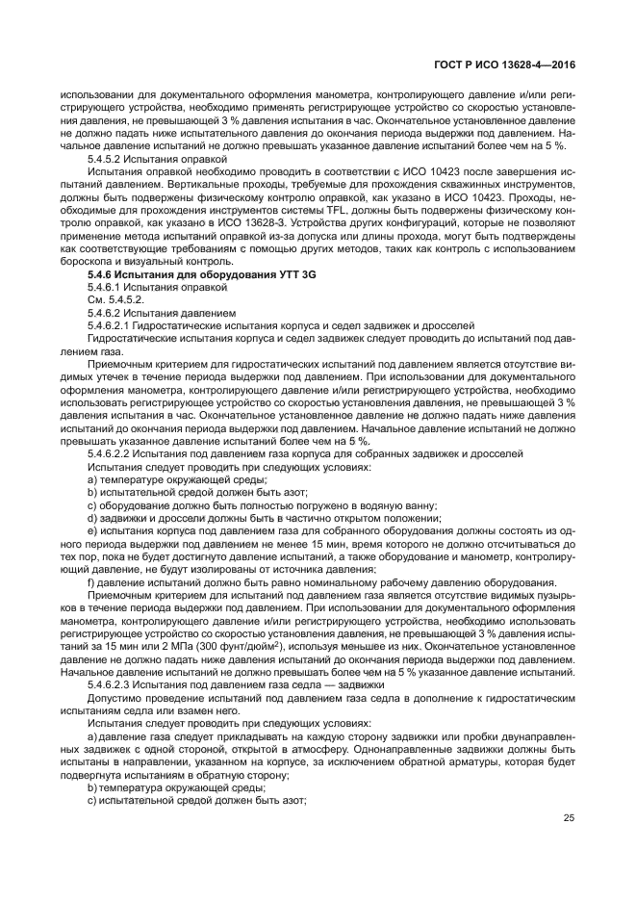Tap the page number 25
569,818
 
